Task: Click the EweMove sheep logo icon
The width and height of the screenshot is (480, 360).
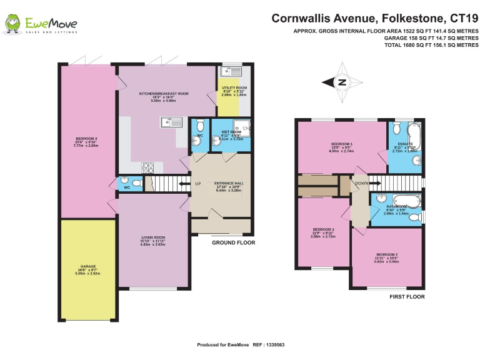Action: click(12, 24)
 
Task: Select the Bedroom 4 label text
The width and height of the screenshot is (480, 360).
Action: click(87, 139)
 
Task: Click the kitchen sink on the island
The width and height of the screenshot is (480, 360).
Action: click(170, 122)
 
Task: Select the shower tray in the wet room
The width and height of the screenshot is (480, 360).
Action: click(240, 127)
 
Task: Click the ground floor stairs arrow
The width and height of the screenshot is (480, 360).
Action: click(182, 184)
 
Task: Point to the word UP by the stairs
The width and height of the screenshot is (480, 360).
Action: click(198, 184)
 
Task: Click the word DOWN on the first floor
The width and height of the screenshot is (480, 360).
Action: click(362, 184)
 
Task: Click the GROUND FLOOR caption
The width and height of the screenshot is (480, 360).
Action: click(233, 242)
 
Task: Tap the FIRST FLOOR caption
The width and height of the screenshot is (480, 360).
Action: click(406, 297)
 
